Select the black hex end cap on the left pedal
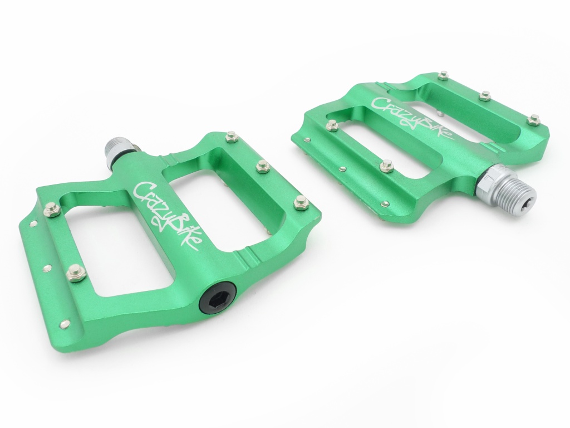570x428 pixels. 217,298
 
